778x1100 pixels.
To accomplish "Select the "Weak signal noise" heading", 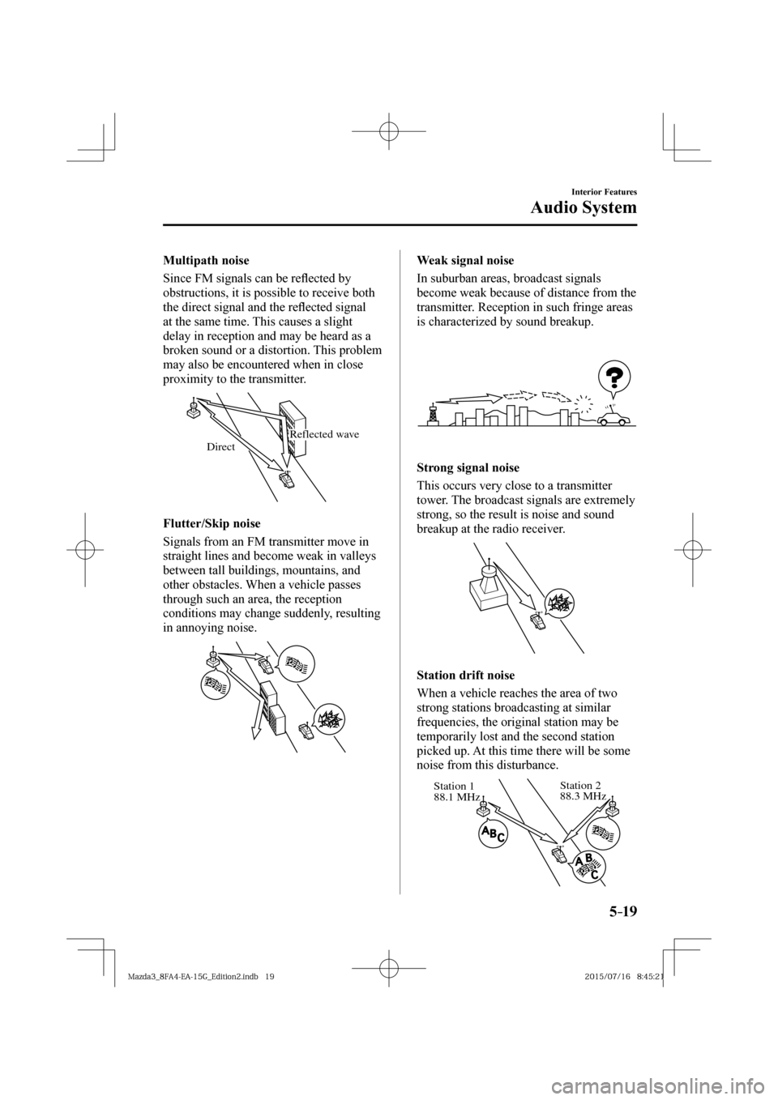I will click(x=464, y=261).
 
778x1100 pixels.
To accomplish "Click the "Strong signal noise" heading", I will click(x=468, y=468).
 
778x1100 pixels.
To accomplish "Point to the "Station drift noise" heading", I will click(x=465, y=674).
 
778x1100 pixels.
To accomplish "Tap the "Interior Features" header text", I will click(x=601, y=191).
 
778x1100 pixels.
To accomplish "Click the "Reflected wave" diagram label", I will click(x=324, y=434).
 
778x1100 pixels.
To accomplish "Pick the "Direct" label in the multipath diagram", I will click(x=220, y=446).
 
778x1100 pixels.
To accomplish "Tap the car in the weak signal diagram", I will click(x=613, y=419).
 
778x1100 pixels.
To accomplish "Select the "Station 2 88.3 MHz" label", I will click(x=582, y=791).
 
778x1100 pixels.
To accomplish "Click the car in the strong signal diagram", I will click(x=537, y=620).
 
